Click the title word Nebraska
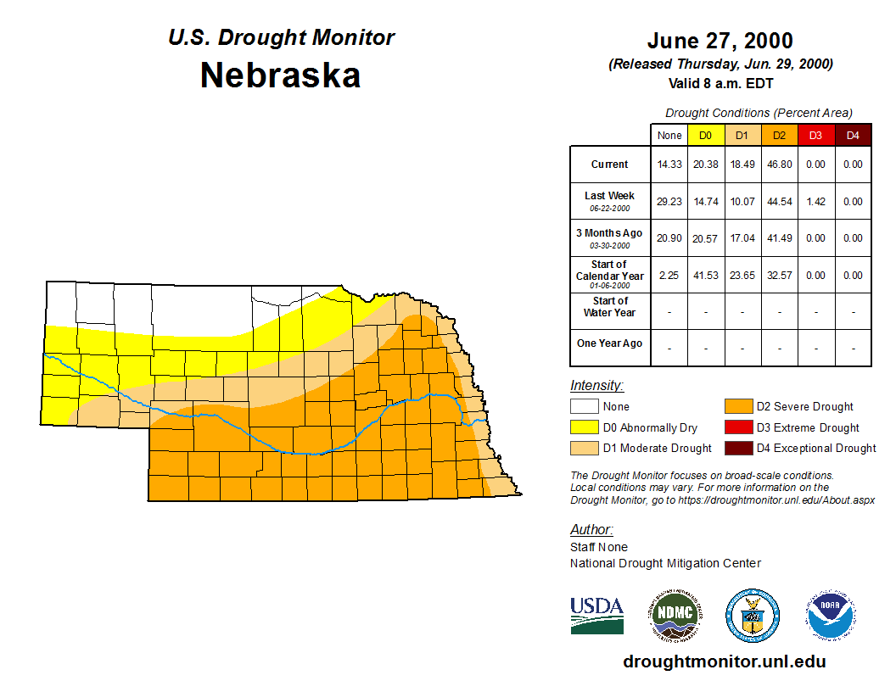click(x=280, y=75)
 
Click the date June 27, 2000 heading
click(x=720, y=41)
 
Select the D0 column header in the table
click(x=705, y=136)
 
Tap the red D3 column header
click(x=815, y=136)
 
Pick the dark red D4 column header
click(x=853, y=136)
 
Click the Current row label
click(x=610, y=165)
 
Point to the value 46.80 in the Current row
click(x=779, y=165)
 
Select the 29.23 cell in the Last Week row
click(x=669, y=201)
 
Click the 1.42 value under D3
click(x=815, y=201)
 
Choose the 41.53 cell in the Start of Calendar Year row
click(x=705, y=276)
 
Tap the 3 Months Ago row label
click(x=610, y=237)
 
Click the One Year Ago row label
click(x=610, y=343)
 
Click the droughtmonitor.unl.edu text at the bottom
click(x=724, y=661)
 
